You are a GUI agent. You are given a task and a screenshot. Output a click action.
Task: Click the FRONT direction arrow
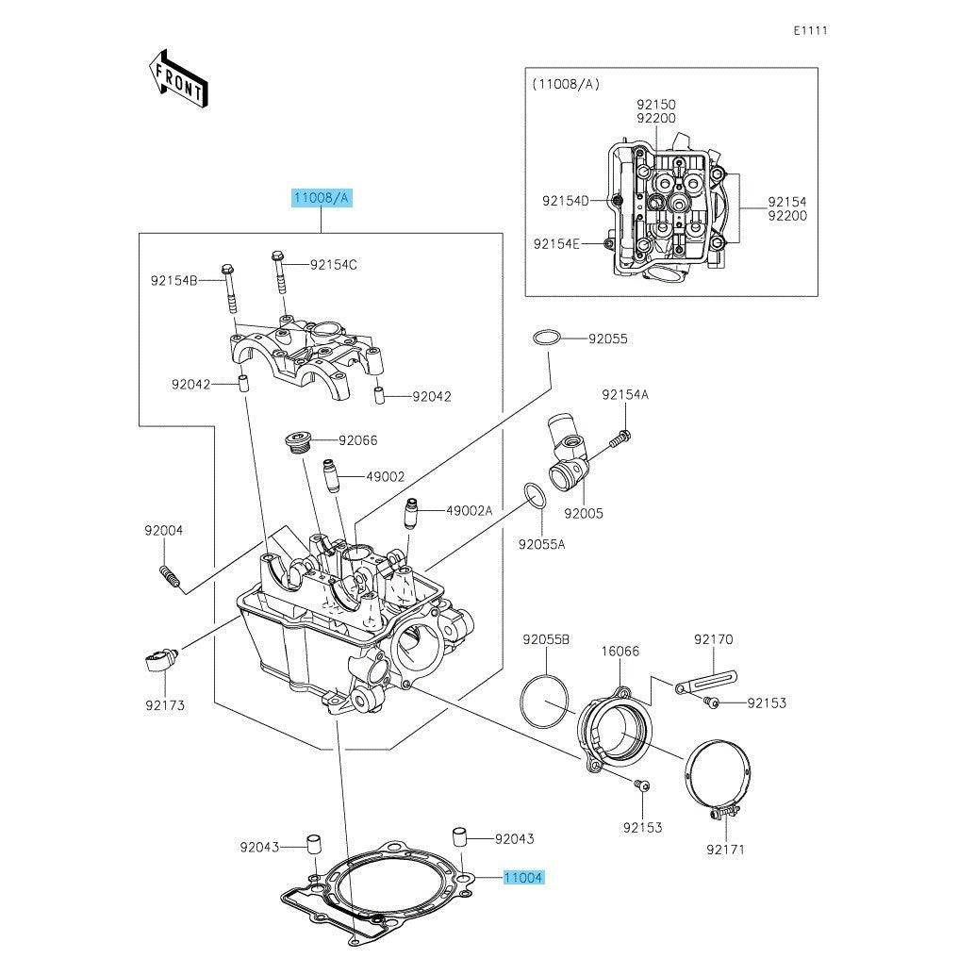coord(178,78)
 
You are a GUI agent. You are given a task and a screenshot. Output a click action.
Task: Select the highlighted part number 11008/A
coord(321,198)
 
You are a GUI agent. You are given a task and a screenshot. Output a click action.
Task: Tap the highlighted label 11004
coord(523,878)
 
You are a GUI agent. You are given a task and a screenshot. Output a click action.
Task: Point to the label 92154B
coord(174,280)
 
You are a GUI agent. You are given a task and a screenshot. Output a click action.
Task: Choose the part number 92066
coord(357,440)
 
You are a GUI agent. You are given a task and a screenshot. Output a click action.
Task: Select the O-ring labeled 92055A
coord(535,495)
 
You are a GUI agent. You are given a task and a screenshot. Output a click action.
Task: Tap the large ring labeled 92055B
coord(545,701)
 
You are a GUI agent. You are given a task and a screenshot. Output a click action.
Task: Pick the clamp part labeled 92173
coord(161,660)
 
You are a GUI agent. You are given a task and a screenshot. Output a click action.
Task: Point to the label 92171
coord(726,850)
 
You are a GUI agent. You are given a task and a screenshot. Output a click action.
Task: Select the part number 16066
coord(620,651)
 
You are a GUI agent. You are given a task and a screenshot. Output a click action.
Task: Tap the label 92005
coord(584,514)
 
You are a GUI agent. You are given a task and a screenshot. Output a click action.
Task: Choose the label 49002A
coord(470,510)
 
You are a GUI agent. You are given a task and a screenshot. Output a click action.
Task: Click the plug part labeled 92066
coord(298,442)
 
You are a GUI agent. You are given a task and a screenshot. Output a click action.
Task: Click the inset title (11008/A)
coord(566,84)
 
